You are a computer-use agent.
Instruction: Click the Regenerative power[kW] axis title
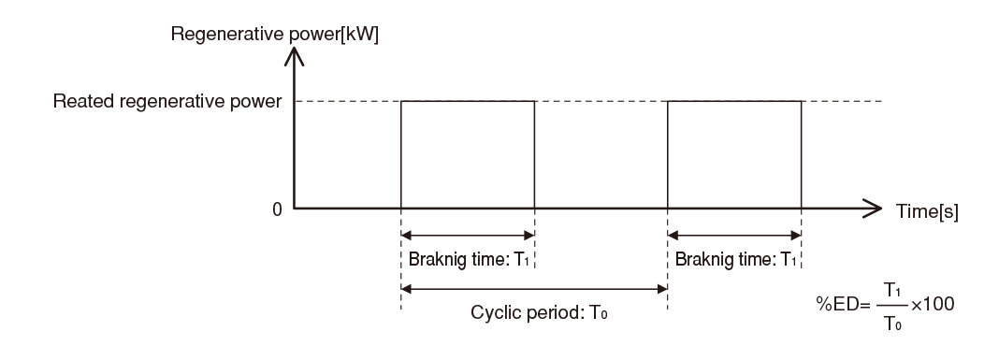click(274, 35)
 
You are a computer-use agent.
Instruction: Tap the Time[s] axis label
click(930, 211)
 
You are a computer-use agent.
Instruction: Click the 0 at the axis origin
click(277, 209)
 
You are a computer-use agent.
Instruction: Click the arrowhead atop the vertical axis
click(295, 56)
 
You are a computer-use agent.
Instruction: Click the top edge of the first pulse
click(468, 101)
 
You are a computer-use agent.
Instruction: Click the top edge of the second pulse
click(734, 101)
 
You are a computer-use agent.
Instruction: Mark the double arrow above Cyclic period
click(534, 288)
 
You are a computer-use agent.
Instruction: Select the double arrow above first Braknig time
click(468, 236)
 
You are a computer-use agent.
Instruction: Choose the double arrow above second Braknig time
click(734, 236)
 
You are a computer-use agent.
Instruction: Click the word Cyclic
click(493, 310)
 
